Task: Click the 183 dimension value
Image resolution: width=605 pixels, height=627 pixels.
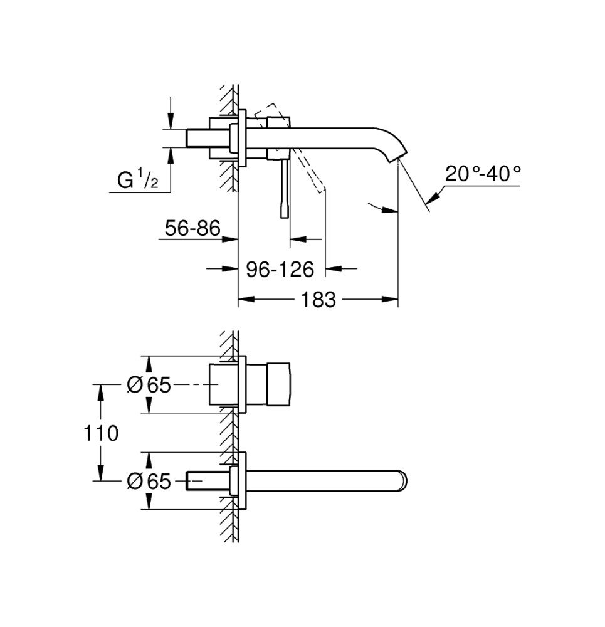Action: [318, 300]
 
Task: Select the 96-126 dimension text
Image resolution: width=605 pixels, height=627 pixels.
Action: [280, 269]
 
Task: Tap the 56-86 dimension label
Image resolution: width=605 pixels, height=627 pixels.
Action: [192, 228]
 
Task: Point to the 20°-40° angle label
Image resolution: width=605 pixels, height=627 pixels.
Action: [483, 174]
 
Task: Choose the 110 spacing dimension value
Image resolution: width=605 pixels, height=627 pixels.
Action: [101, 433]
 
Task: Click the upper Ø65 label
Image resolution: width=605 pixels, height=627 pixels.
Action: [149, 385]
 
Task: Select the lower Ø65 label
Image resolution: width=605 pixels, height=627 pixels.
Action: [149, 481]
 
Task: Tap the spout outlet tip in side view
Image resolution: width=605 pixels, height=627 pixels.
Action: [398, 157]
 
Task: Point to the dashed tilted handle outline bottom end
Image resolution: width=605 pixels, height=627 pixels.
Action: [322, 191]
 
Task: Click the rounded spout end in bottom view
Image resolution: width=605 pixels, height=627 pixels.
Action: [402, 480]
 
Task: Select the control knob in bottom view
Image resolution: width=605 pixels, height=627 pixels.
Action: [279, 384]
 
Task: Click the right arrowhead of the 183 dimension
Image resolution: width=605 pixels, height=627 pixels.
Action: [390, 299]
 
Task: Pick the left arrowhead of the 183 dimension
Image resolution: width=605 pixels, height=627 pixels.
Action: [246, 299]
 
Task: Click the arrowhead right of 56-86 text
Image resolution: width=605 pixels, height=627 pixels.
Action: [230, 239]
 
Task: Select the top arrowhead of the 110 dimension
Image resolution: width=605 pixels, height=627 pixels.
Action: [100, 393]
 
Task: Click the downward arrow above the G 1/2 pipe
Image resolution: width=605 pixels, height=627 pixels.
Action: [171, 120]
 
